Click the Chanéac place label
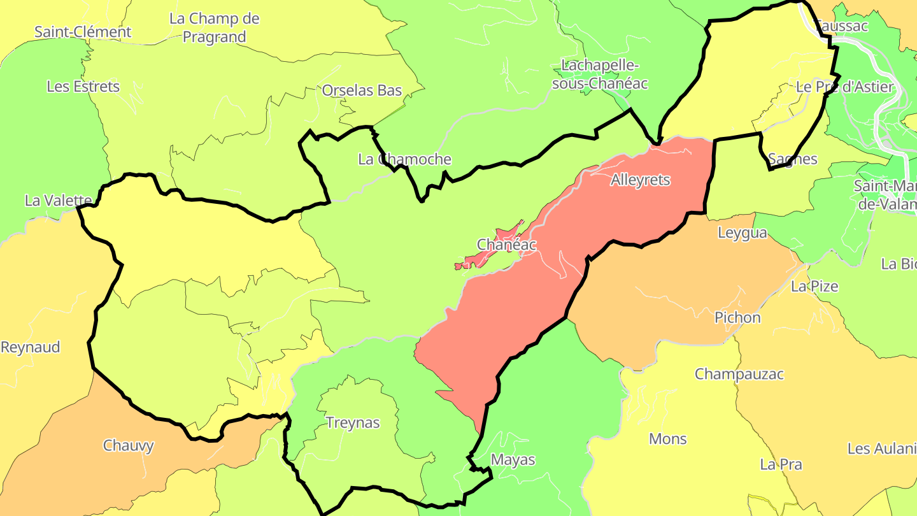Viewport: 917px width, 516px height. pyautogui.click(x=506, y=245)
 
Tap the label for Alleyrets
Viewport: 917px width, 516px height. pyautogui.click(x=640, y=180)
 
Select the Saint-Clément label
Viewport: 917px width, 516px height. pyautogui.click(x=83, y=32)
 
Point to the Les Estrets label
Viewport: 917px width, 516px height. pyautogui.click(x=83, y=87)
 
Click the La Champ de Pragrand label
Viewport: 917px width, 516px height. pyautogui.click(x=215, y=28)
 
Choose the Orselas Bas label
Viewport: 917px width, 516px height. pyautogui.click(x=362, y=90)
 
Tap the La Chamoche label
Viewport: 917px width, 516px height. pyautogui.click(x=404, y=159)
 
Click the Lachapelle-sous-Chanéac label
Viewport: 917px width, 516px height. pyautogui.click(x=599, y=74)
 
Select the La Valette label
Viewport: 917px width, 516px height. pyautogui.click(x=58, y=201)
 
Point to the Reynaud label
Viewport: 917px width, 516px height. pyautogui.click(x=30, y=347)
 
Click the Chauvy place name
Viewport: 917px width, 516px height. pyautogui.click(x=129, y=445)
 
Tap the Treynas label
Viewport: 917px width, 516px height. pyautogui.click(x=353, y=423)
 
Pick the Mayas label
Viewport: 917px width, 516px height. pyautogui.click(x=513, y=460)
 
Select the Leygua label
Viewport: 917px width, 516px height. pyautogui.click(x=742, y=233)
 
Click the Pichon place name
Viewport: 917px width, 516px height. pyautogui.click(x=737, y=317)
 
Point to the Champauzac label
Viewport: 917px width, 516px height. pyautogui.click(x=739, y=374)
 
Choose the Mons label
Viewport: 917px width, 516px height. pyautogui.click(x=667, y=439)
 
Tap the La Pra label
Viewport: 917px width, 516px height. pyautogui.click(x=781, y=464)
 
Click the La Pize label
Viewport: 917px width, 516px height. pyautogui.click(x=814, y=287)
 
